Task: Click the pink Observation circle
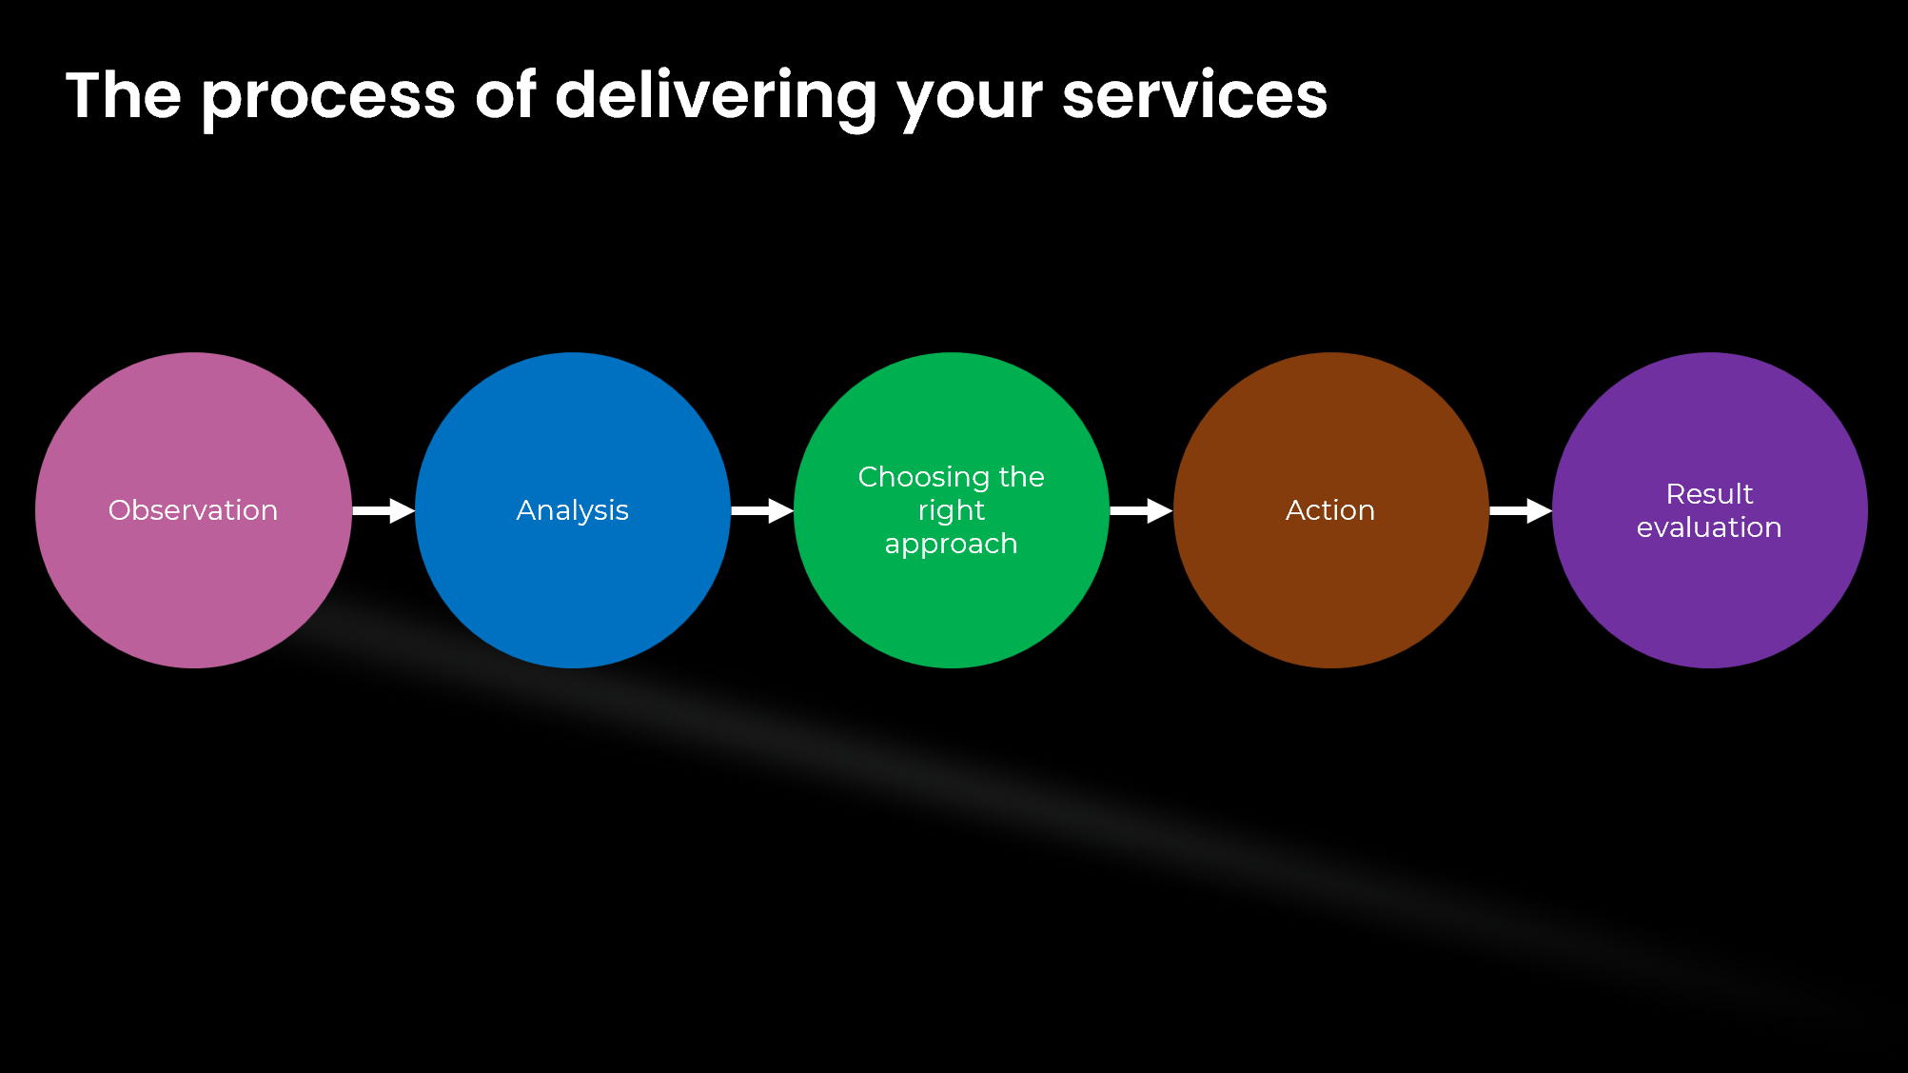[x=193, y=510]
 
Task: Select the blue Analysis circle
[x=573, y=510]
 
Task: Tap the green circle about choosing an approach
[x=952, y=510]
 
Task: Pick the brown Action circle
[x=1331, y=510]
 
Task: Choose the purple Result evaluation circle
[x=1710, y=510]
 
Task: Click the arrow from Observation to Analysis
[x=384, y=511]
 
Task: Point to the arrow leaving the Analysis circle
[x=762, y=511]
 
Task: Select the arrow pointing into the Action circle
[x=1141, y=511]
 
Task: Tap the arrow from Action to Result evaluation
[x=1521, y=511]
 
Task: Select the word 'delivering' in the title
[x=716, y=98]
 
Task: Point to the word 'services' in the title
[x=1194, y=95]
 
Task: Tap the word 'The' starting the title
[x=124, y=95]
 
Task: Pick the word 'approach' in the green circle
[x=952, y=545]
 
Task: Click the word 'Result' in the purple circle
[x=1709, y=494]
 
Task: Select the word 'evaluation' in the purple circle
[x=1709, y=527]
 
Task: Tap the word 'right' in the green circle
[x=952, y=511]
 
